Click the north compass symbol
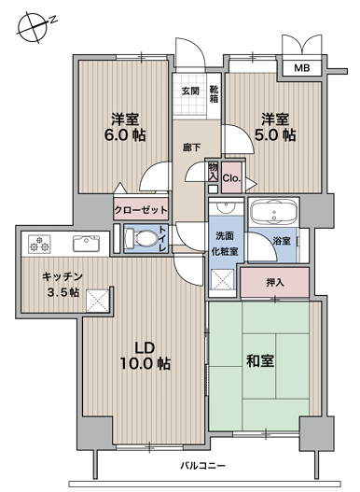click(33, 27)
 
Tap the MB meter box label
click(302, 68)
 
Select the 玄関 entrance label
click(190, 91)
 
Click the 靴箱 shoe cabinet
click(215, 94)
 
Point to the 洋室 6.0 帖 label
click(125, 127)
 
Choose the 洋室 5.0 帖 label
click(275, 127)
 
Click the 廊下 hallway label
click(191, 148)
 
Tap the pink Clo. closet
click(231, 177)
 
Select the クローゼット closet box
click(141, 209)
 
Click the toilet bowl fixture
click(141, 239)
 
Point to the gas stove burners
click(39, 244)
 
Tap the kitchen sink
click(86, 244)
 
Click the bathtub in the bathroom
click(274, 212)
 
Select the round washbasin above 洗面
click(226, 207)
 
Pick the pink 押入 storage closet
click(275, 282)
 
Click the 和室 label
click(260, 361)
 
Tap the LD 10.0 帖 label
click(145, 356)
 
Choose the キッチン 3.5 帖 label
click(62, 285)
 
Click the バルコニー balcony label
click(202, 465)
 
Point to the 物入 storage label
click(213, 172)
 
